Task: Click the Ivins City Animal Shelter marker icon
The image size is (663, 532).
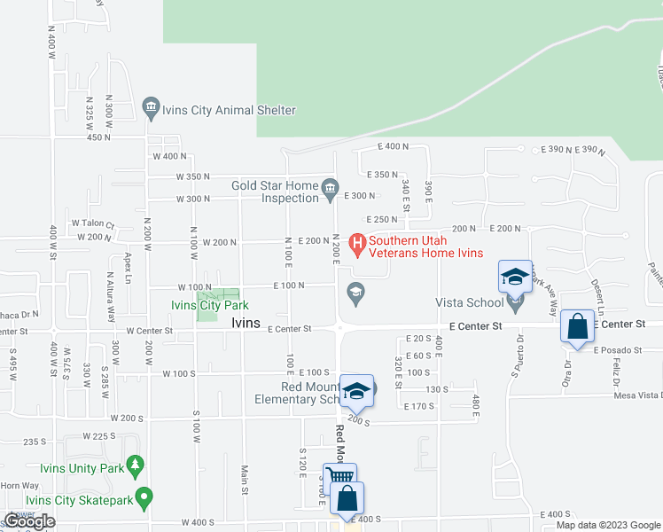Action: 150,110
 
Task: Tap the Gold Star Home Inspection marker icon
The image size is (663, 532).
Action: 331,187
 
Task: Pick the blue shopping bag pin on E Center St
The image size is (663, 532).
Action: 577,325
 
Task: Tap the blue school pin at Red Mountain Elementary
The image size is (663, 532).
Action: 355,391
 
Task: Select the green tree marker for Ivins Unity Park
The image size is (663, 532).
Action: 135,465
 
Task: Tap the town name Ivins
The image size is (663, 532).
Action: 246,324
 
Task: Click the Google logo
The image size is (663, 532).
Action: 29,521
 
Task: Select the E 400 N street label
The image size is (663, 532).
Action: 393,145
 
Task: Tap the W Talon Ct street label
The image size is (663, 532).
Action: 93,223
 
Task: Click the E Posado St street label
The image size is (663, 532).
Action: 616,350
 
